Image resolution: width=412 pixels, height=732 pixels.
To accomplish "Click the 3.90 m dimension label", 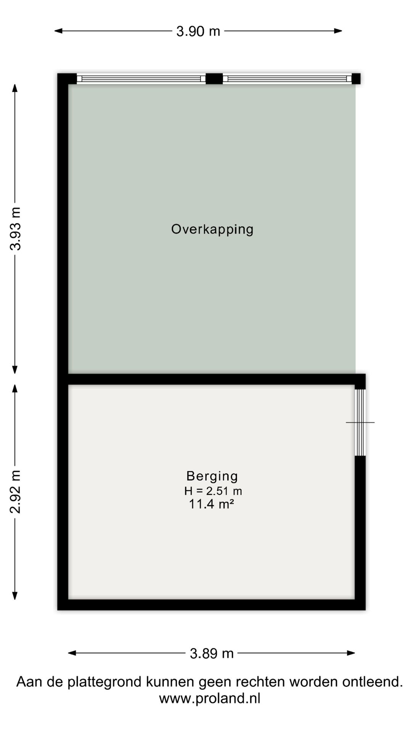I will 198,31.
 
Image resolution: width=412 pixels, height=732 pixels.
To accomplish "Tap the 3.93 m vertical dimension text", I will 16,229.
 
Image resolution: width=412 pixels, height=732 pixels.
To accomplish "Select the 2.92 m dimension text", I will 16,492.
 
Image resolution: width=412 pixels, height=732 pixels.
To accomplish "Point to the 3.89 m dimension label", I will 212,653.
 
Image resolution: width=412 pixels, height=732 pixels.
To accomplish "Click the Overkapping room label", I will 212,229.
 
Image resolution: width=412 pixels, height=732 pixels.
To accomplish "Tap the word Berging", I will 212,476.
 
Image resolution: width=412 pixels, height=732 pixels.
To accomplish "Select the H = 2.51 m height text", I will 213,491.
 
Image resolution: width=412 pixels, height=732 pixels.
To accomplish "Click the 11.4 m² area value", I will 211,504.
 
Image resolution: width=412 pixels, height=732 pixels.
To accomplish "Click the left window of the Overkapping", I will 141,79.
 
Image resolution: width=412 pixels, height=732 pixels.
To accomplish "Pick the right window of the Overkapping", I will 287,79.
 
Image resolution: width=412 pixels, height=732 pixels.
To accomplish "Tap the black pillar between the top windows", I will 214,79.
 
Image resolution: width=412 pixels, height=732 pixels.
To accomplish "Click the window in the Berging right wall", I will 360,422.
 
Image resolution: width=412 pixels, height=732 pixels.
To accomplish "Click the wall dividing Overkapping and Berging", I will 212,379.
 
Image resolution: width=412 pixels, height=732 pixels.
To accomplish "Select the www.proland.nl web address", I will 209,698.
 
